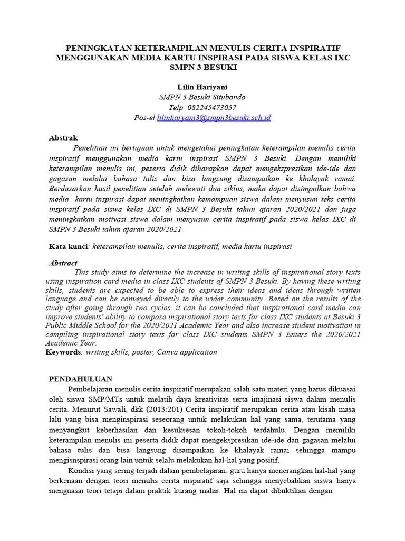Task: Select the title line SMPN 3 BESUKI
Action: click(x=202, y=68)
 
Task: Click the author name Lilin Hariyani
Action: click(x=202, y=87)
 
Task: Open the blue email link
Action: click(x=214, y=118)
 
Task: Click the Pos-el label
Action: click(x=144, y=118)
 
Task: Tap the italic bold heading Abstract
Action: click(x=63, y=263)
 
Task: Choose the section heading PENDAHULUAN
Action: click(x=81, y=379)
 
